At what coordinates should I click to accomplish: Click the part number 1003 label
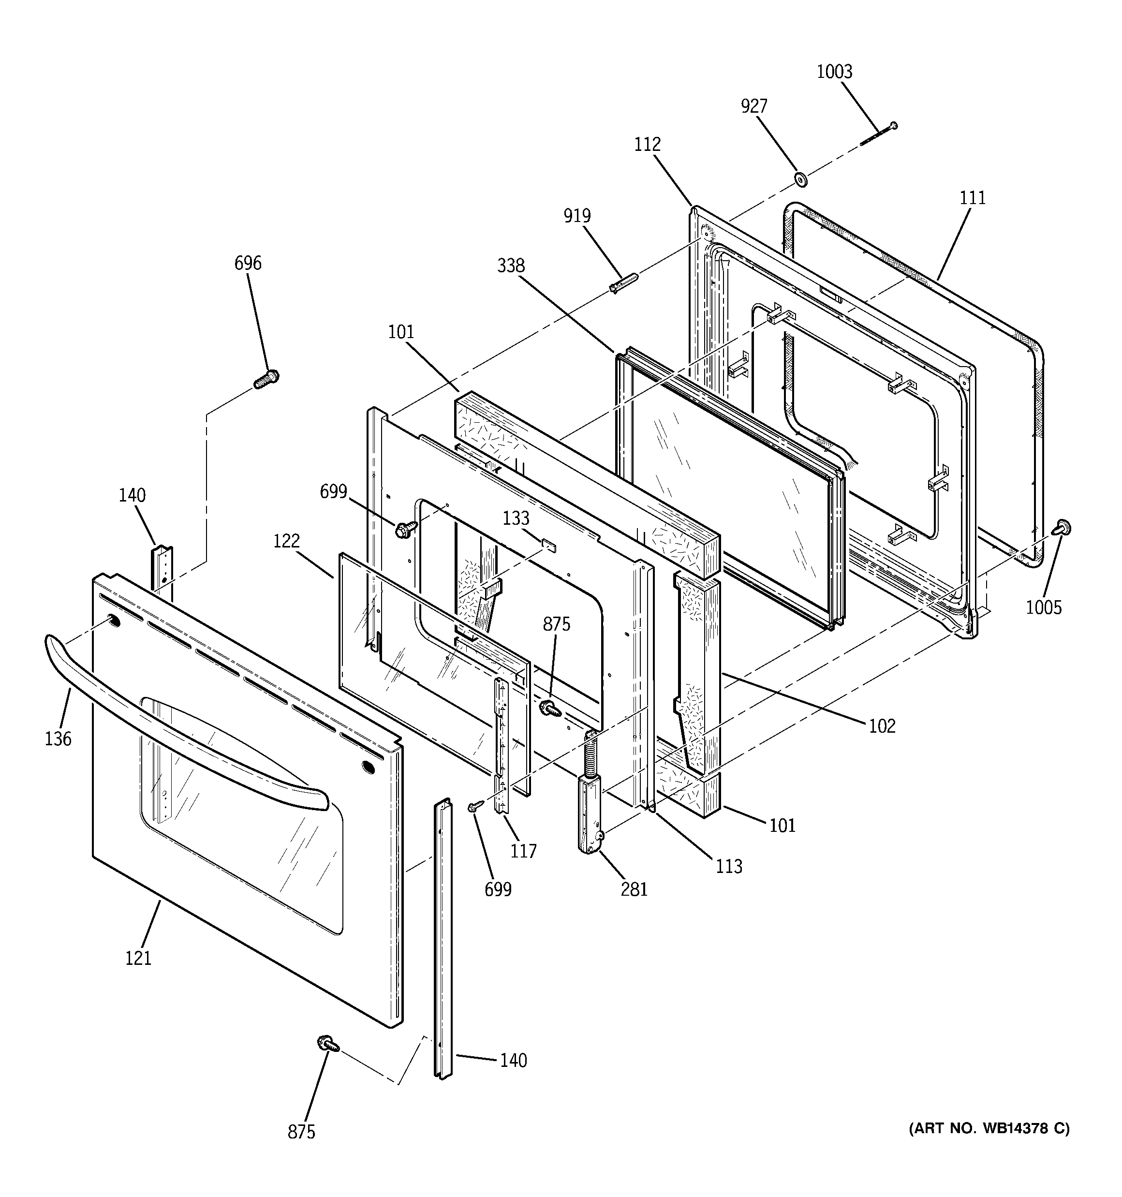point(834,72)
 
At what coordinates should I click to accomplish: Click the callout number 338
point(511,265)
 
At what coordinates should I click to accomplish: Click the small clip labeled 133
point(548,546)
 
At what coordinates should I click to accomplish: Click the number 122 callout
point(286,541)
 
